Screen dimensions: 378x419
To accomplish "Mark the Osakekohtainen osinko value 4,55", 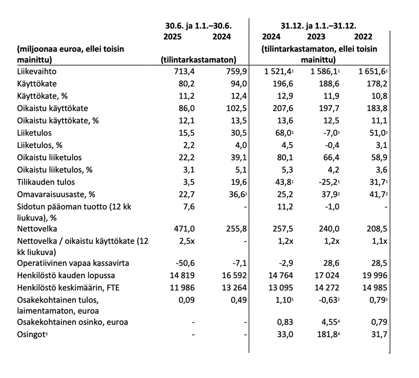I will [x=322, y=322].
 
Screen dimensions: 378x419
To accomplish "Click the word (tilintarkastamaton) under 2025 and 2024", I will [x=197, y=60].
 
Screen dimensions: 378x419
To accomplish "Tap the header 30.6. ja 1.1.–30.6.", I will [x=196, y=25].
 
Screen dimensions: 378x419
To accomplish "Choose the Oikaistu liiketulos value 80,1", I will [x=271, y=157].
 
